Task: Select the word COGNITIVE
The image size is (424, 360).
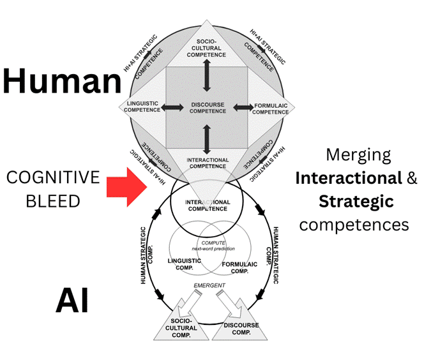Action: click(x=53, y=177)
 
